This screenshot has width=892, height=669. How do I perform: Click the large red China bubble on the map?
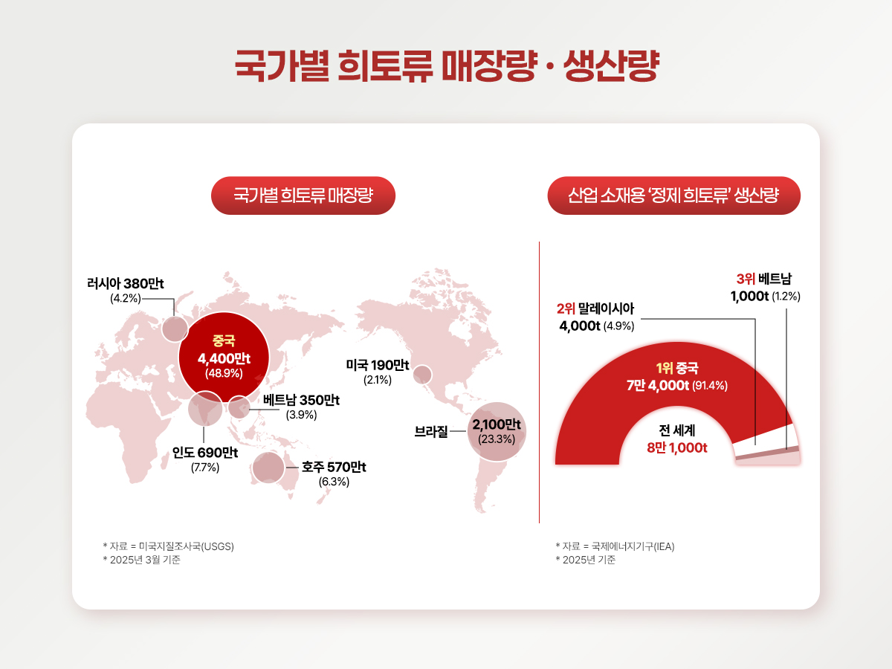click(x=224, y=357)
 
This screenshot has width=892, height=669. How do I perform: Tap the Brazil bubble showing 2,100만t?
click(x=497, y=431)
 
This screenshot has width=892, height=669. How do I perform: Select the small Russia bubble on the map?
click(x=175, y=329)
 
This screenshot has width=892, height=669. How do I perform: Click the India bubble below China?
click(x=205, y=408)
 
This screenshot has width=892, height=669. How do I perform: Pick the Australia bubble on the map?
click(x=268, y=468)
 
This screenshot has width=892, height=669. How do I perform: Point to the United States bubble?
click(x=422, y=375)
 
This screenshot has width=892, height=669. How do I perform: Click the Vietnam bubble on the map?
click(x=239, y=407)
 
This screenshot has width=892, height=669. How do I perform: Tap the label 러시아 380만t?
click(x=125, y=283)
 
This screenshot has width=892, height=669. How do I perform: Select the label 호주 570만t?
click(x=334, y=467)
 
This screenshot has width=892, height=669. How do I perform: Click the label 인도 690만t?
click(x=205, y=453)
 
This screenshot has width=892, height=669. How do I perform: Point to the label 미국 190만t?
click(x=378, y=365)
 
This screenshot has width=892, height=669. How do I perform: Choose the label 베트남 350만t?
click(x=301, y=400)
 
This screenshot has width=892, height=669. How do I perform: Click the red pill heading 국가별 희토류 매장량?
click(x=303, y=195)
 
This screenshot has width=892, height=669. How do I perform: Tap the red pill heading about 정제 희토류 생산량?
click(x=673, y=195)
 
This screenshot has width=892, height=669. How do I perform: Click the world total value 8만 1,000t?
click(x=677, y=447)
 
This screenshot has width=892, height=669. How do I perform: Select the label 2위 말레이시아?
click(x=595, y=308)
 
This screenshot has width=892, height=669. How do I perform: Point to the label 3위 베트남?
click(x=764, y=279)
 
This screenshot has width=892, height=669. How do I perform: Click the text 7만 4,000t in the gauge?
click(x=658, y=385)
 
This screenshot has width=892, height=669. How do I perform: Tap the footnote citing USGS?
click(x=168, y=546)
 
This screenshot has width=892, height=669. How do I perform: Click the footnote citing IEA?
click(x=615, y=546)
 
